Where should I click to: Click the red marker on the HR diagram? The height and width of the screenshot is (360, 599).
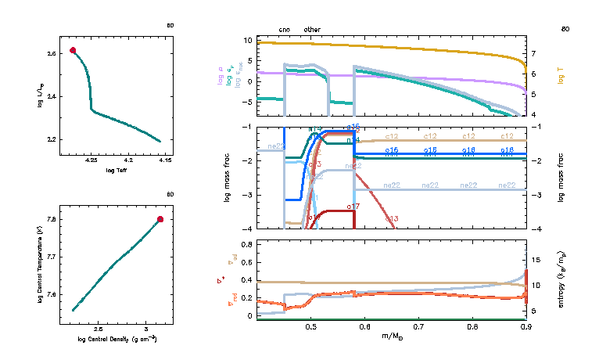tap(74, 50)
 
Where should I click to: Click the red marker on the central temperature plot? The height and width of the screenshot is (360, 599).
tap(160, 219)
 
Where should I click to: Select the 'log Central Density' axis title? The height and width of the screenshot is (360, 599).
tap(117, 339)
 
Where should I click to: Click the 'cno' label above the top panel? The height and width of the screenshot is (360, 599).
tap(285, 30)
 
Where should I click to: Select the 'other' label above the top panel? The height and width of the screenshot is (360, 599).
tap(312, 30)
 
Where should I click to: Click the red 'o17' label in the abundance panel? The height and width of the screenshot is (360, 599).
tap(352, 206)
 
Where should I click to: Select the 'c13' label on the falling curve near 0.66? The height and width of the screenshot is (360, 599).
tap(392, 218)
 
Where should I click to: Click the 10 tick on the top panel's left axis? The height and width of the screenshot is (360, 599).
tap(246, 40)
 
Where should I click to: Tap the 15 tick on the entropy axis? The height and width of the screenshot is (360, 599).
tap(536, 257)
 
